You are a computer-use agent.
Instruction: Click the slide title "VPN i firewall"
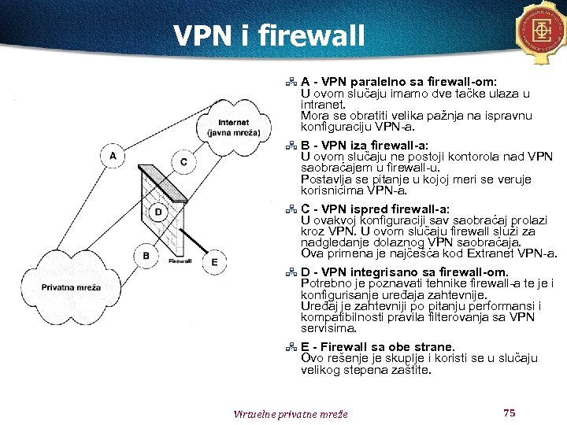coord(269,35)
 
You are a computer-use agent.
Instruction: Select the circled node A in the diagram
coord(113,157)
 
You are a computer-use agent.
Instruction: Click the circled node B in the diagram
coord(146,255)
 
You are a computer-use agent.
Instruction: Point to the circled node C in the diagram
coord(183,162)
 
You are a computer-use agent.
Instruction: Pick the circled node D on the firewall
coord(158,212)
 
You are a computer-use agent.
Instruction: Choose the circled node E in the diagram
coord(214,261)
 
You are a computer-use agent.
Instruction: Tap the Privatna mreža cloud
coord(71,287)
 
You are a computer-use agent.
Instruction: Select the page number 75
coord(508,412)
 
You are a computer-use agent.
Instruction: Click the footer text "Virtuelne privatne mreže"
coord(290,414)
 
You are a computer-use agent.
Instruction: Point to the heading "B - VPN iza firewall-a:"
coord(365,145)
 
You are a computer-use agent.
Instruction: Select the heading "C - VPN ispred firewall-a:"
coord(375,209)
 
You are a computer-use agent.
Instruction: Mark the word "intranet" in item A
coord(324,104)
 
